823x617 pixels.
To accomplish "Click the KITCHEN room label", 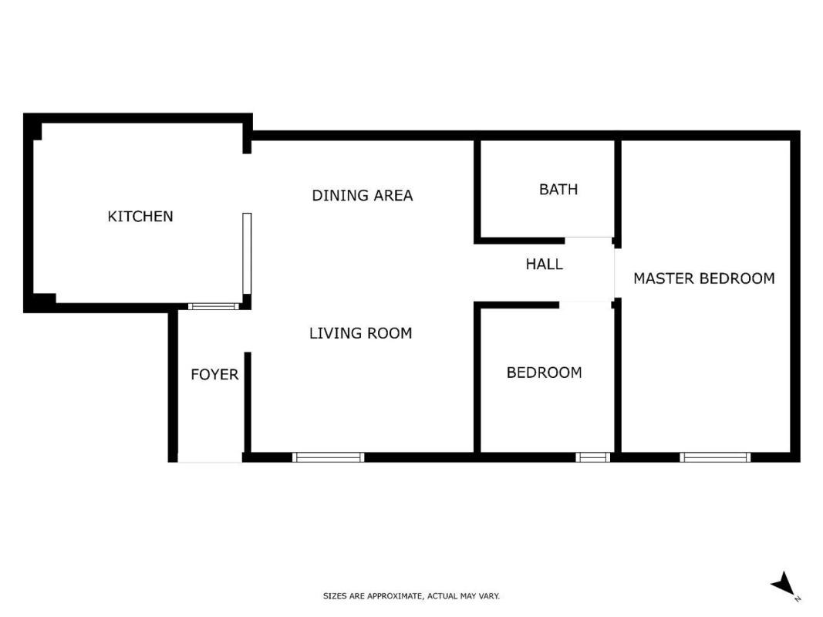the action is click(x=140, y=216).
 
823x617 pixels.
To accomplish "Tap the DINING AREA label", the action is click(x=363, y=195).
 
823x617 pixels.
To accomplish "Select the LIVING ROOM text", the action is click(x=360, y=333).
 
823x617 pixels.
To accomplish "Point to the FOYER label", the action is click(x=214, y=374).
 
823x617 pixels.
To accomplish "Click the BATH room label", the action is click(x=558, y=189).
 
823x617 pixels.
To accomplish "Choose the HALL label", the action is click(x=545, y=264).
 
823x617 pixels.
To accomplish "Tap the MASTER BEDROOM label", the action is click(x=704, y=278).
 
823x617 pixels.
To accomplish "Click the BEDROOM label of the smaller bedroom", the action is click(x=545, y=373).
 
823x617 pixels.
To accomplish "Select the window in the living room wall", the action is click(x=328, y=457).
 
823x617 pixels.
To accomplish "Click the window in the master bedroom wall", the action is click(x=715, y=457).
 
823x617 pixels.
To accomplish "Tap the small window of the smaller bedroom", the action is click(x=592, y=457).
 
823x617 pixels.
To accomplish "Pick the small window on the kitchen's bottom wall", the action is click(x=214, y=306).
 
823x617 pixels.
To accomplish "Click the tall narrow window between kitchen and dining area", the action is click(x=247, y=254).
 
